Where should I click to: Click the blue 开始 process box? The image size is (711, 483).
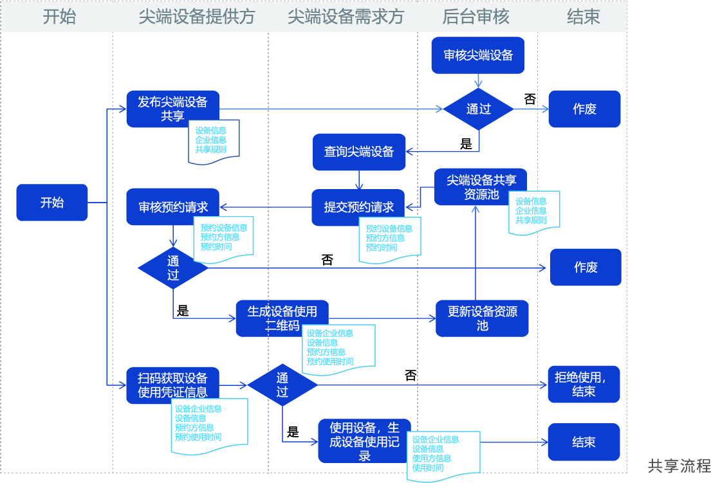pos(51,203)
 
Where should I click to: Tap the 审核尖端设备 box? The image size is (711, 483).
pos(478,55)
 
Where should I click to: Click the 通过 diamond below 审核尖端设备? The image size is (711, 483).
pos(478,109)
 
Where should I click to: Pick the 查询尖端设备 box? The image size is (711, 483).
pos(358,152)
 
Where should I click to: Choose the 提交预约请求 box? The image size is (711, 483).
pos(358,207)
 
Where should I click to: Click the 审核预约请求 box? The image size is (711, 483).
pos(172,207)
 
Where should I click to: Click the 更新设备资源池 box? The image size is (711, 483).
pos(482,318)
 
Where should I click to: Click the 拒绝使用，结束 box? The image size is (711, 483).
pos(584,385)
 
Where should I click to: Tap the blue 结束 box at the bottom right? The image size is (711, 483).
pos(584,442)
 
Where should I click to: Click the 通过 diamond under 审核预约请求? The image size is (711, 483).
pos(173,268)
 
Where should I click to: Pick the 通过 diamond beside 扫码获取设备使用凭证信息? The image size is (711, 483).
pos(282,385)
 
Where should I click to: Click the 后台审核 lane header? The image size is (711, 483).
pos(476,17)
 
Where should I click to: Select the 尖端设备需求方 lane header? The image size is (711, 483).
pos(346,17)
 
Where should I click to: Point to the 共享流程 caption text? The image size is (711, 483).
pos(679,466)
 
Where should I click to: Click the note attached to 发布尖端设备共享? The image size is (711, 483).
pos(216,139)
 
